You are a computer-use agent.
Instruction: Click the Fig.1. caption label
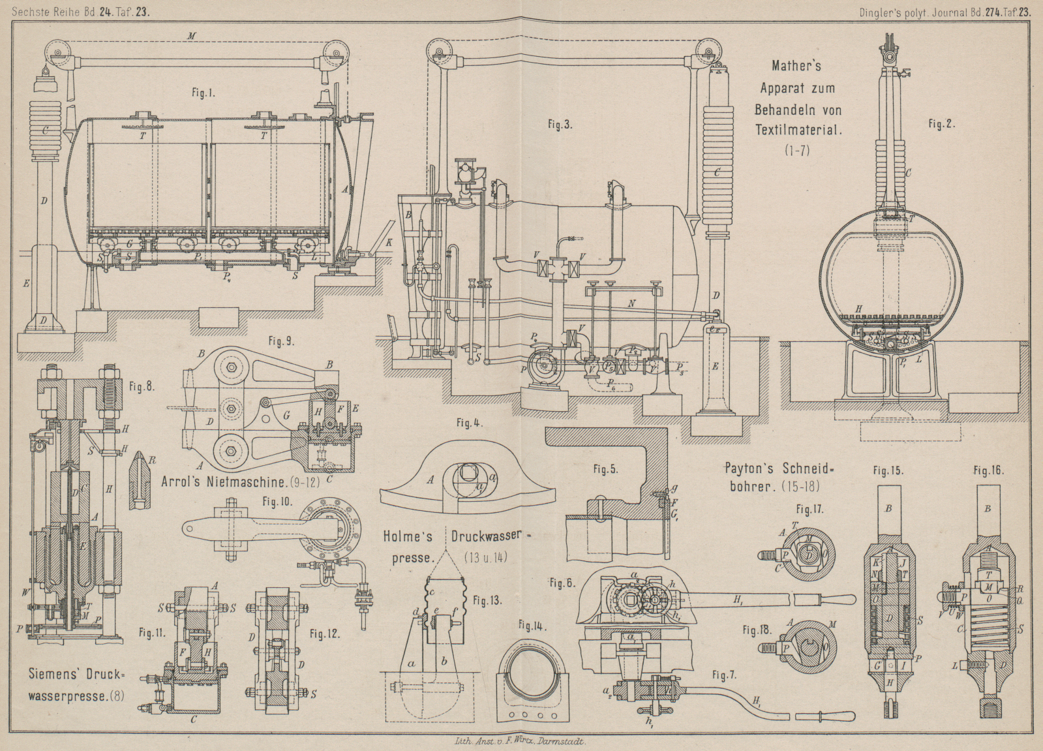click(204, 93)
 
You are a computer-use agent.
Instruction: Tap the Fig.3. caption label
click(560, 124)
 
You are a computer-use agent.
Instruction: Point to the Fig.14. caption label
click(532, 625)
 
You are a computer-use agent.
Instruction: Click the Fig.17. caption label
click(809, 509)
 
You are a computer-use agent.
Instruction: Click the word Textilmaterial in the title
click(798, 129)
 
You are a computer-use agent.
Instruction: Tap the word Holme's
click(408, 537)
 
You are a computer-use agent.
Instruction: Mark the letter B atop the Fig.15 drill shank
click(888, 508)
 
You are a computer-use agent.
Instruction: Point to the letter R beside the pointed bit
click(152, 460)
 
